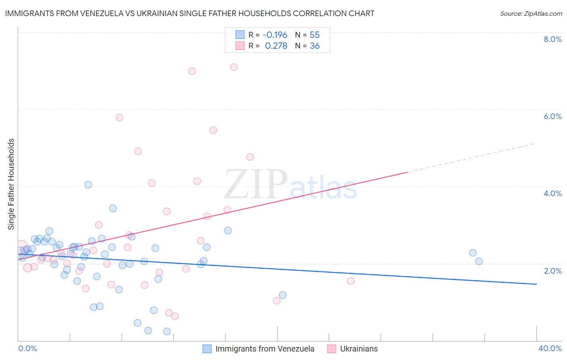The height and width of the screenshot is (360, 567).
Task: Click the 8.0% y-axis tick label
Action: pyautogui.click(x=552, y=39)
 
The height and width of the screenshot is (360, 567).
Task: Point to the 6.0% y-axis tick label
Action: pyautogui.click(x=552, y=116)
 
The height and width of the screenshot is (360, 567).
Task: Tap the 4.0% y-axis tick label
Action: pyautogui.click(x=552, y=193)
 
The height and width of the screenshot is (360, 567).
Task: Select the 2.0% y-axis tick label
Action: pyautogui.click(x=552, y=271)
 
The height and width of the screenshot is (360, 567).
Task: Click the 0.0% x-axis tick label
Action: pyautogui.click(x=27, y=348)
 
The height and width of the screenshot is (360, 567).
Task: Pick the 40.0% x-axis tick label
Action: pyautogui.click(x=550, y=348)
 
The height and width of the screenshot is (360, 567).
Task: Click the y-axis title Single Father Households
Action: pyautogui.click(x=11, y=184)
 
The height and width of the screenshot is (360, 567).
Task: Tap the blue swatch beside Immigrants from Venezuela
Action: pyautogui.click(x=207, y=349)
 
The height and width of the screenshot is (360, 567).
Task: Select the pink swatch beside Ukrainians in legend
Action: pyautogui.click(x=331, y=349)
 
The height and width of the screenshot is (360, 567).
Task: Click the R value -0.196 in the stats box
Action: pyautogui.click(x=275, y=35)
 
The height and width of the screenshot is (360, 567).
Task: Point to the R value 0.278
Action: pyautogui.click(x=276, y=46)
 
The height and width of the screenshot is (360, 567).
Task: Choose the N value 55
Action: pyautogui.click(x=315, y=35)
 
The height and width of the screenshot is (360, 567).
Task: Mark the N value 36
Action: pyautogui.click(x=315, y=46)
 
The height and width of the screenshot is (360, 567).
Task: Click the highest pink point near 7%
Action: pyautogui.click(x=234, y=67)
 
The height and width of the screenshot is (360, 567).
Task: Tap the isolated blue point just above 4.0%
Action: pyautogui.click(x=88, y=184)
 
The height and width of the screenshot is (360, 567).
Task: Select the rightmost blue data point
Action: pyautogui.click(x=479, y=261)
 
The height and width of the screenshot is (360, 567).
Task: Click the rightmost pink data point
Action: pyautogui.click(x=351, y=281)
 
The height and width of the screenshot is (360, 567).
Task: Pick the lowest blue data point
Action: pyautogui.click(x=167, y=331)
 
